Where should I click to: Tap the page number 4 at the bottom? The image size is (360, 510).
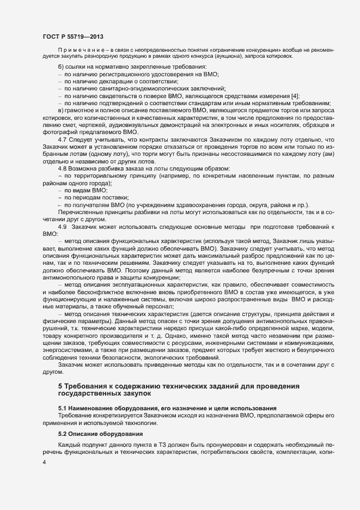[x=44, y=463]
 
